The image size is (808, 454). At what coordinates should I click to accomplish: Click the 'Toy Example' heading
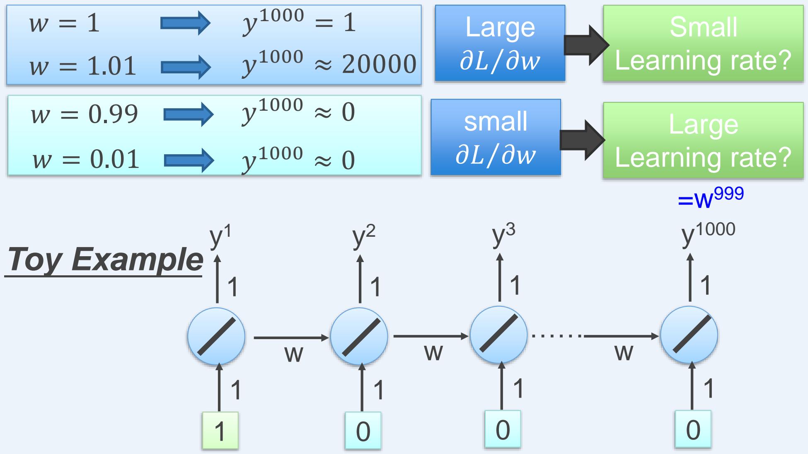(x=104, y=260)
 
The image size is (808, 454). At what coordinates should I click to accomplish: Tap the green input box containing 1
(x=220, y=430)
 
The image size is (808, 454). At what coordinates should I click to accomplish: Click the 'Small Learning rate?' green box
(x=703, y=44)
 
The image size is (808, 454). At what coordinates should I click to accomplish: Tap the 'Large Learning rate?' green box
(x=703, y=141)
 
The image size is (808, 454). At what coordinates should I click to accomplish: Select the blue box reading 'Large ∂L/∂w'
(x=500, y=43)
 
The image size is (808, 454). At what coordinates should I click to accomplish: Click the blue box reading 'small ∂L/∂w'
(x=496, y=137)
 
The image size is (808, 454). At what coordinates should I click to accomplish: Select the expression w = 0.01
(x=86, y=160)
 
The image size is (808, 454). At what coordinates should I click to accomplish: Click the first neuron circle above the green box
(x=216, y=336)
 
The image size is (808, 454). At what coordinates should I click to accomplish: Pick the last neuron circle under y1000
(x=689, y=335)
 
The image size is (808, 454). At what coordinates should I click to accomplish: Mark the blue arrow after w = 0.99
(x=189, y=114)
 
